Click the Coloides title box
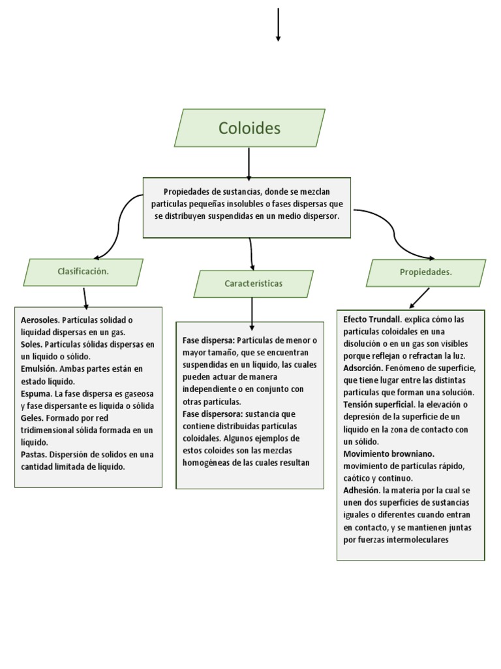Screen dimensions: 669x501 [x=249, y=128]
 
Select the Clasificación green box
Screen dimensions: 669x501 [x=83, y=272]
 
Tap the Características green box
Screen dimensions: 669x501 [x=253, y=284]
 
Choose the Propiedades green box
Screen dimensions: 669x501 [x=425, y=272]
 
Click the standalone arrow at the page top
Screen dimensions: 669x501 [x=279, y=25]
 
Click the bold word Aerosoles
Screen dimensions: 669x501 [x=40, y=319]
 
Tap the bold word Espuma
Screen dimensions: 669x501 [x=36, y=393]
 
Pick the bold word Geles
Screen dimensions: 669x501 [x=33, y=417]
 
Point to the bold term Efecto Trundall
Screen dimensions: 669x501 [x=372, y=319]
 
